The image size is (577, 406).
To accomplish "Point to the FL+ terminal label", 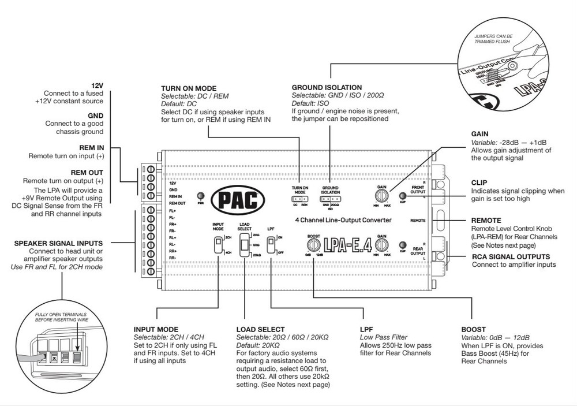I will coord(173,211).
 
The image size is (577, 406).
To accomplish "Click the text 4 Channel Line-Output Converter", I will coord(344,220).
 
